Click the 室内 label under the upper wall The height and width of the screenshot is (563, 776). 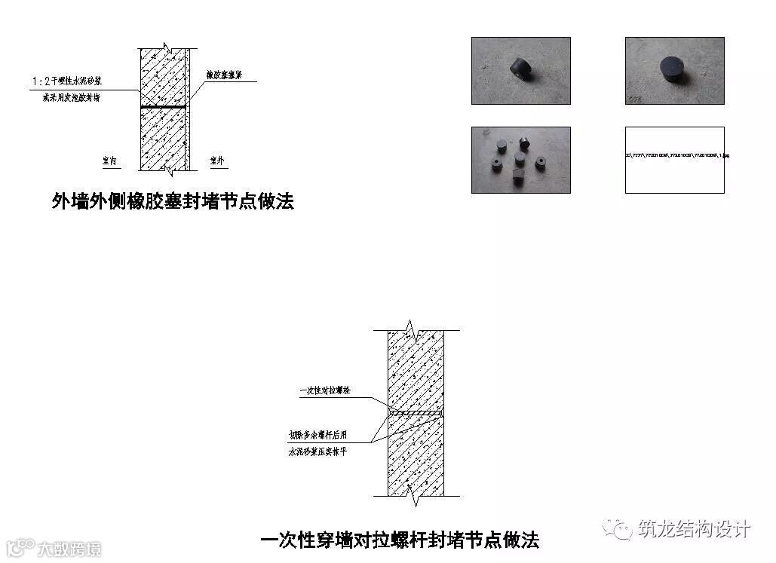pyautogui.click(x=109, y=161)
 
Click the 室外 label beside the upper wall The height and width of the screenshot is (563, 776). pyautogui.click(x=217, y=161)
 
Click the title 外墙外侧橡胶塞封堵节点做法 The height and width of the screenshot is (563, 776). pyautogui.click(x=172, y=201)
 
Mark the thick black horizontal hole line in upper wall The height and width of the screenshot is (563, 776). pyautogui.click(x=163, y=107)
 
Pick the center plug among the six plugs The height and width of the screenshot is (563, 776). pyautogui.click(x=520, y=158)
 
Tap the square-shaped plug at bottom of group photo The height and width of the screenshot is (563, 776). pyautogui.click(x=517, y=176)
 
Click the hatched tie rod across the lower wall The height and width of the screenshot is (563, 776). pyautogui.click(x=415, y=413)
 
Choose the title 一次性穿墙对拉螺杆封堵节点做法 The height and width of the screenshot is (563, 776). pyautogui.click(x=400, y=540)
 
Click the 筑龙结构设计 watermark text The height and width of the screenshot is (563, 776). pyautogui.click(x=693, y=529)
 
